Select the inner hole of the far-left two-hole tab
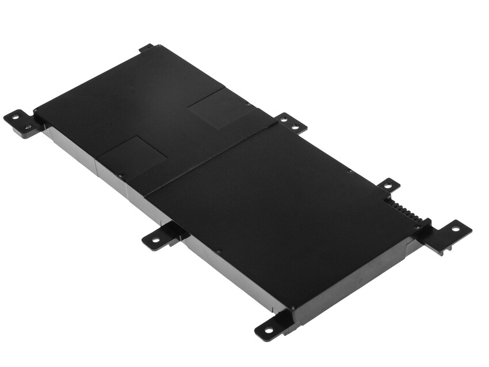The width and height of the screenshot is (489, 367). [x=28, y=127]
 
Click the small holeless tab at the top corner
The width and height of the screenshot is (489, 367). [x=146, y=48]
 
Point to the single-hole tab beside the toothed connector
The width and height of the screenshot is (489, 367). [x=388, y=185]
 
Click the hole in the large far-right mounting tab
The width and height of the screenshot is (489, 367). [x=455, y=229]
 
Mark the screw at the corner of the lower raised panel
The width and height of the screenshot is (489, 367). [x=120, y=175]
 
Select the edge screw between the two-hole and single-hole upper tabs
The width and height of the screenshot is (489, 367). [x=350, y=170]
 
